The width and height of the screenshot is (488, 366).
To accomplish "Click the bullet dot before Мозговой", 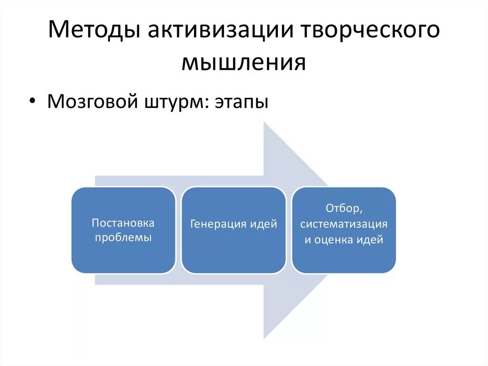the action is pos(32,101).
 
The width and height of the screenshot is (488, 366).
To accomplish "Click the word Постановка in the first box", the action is pos(123,223).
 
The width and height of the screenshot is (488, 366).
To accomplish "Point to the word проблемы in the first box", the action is pos(123,238).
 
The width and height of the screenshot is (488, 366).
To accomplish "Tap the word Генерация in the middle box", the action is pos(219,224).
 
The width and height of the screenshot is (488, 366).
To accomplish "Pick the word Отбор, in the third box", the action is pos(344,209).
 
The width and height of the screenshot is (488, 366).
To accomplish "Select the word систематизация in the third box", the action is pos(344,224).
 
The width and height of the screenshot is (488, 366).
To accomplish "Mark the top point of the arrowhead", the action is pos(264,122).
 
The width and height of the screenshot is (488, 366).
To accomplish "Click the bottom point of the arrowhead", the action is pos(264,338).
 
